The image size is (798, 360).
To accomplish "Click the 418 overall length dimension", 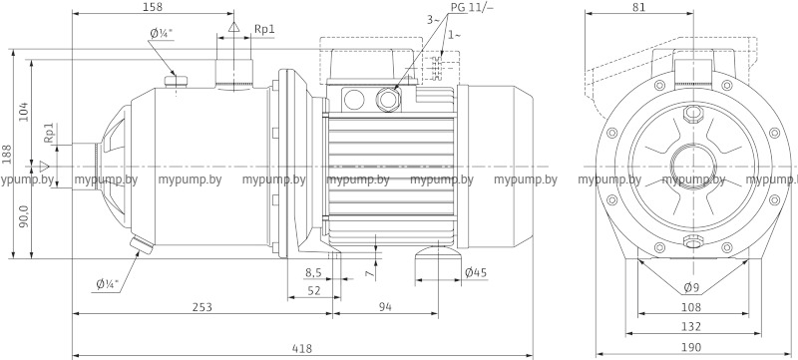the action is click(302, 349).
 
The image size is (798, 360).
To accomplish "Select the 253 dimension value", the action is click(202, 307).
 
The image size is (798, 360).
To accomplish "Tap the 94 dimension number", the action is click(385, 307).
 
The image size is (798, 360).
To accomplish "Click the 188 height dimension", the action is click(6, 154).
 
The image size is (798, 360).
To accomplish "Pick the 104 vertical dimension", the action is click(24, 111).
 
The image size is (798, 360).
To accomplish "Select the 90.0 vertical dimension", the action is click(24, 217).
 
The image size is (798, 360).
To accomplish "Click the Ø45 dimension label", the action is click(476, 272).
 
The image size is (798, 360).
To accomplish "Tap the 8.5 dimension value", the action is click(313, 272).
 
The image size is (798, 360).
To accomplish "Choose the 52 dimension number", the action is click(314, 290).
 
